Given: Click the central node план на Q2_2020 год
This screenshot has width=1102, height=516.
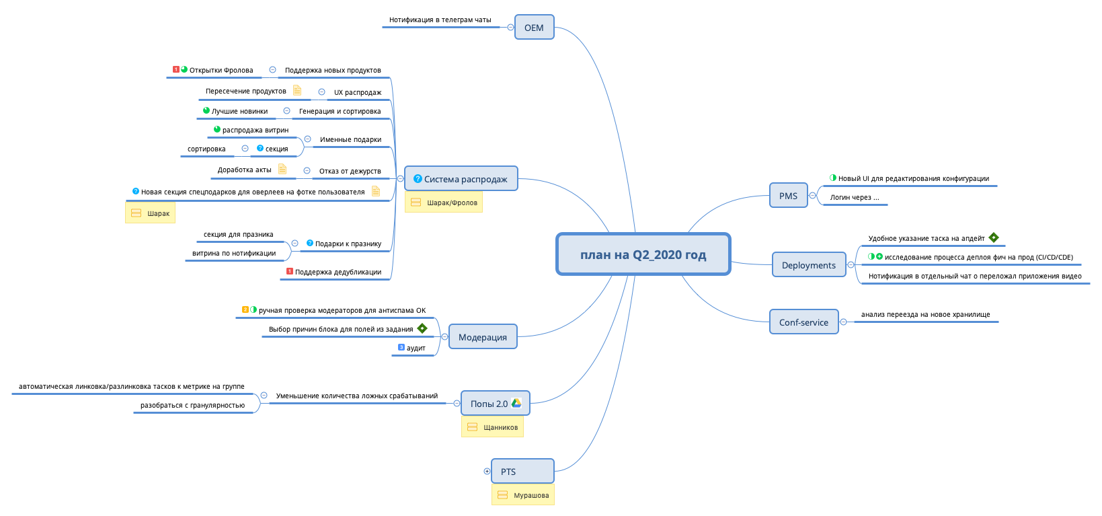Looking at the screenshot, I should (643, 254).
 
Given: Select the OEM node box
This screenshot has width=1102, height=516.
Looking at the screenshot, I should (534, 28).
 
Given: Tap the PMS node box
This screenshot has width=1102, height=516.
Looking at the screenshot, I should (788, 196).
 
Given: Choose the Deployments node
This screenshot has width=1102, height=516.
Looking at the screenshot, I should (808, 265).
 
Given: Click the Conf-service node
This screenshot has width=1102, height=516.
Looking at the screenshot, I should (803, 322).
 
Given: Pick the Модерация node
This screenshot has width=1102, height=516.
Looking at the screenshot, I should (482, 337).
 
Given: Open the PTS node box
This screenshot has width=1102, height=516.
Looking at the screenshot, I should (522, 471).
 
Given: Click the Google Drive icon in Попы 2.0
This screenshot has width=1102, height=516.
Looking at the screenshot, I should (516, 403).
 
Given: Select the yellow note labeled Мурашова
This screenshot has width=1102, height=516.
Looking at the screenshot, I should (523, 495).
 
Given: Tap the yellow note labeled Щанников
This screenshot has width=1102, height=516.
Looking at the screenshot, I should (492, 427).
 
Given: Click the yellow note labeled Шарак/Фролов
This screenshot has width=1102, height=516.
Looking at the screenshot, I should (444, 202).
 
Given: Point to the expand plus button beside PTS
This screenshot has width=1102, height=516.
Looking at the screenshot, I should (487, 471).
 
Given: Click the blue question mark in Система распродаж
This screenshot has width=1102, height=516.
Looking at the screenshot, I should (418, 179).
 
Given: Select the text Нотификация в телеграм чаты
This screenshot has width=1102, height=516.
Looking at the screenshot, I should (440, 20).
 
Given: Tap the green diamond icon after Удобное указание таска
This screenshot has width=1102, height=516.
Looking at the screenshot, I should (994, 237).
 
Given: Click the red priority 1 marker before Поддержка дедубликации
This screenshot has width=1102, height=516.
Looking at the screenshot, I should (290, 271).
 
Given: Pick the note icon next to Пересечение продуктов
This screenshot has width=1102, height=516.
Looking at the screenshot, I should (297, 90).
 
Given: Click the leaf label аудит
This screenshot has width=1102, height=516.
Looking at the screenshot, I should (416, 348).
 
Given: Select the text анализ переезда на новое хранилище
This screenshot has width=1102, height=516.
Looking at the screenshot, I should (925, 314).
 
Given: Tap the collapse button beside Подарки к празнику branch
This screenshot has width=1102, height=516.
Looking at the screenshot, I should (294, 243).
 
